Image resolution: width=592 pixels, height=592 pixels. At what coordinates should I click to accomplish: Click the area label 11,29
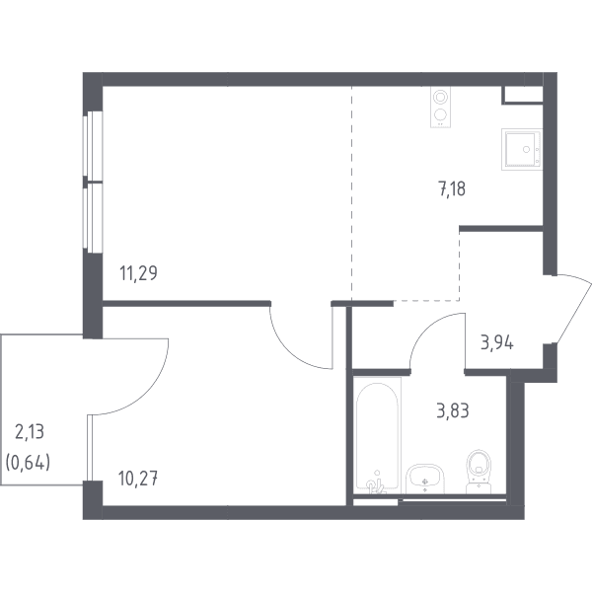(x=138, y=273)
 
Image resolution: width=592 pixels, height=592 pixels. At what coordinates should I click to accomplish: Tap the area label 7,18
(x=452, y=188)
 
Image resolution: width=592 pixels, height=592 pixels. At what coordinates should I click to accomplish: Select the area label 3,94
(x=497, y=343)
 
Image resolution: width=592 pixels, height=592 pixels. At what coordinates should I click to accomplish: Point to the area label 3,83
(x=453, y=410)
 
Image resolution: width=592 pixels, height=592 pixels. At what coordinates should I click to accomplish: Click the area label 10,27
(x=138, y=479)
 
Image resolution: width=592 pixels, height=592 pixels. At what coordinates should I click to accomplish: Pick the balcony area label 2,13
(x=30, y=432)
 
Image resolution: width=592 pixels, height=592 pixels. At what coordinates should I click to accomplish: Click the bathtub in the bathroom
(x=377, y=435)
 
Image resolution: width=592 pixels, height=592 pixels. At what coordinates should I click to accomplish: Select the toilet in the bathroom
(x=479, y=472)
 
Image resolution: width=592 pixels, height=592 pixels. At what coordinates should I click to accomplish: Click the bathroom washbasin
(x=425, y=479)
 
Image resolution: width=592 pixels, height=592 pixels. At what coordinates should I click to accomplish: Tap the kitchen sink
(x=522, y=150)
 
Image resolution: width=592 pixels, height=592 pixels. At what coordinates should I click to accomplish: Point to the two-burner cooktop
(x=440, y=108)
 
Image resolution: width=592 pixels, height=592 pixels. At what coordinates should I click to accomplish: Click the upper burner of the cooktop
(x=440, y=97)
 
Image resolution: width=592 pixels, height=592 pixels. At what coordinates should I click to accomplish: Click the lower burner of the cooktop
(x=440, y=114)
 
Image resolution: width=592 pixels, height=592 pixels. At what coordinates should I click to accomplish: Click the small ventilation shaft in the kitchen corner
(x=523, y=95)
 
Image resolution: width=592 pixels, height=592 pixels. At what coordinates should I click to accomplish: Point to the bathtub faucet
(x=376, y=484)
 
